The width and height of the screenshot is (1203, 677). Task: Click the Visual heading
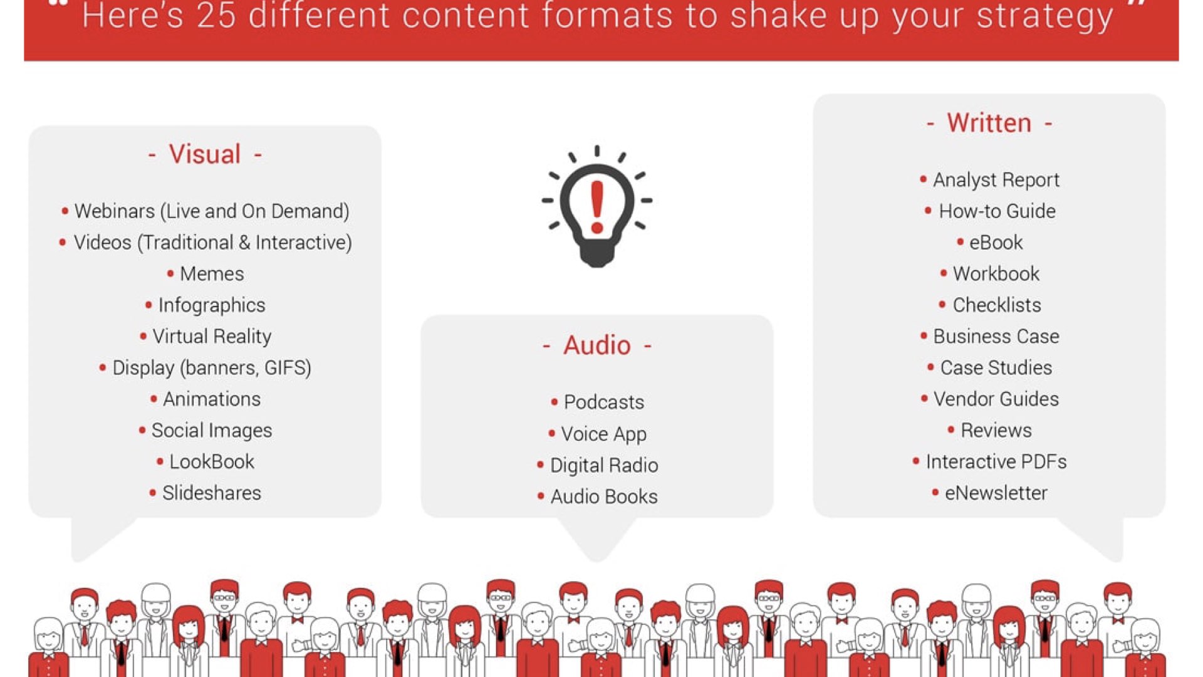click(x=205, y=154)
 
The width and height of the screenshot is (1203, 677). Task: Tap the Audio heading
click(x=596, y=345)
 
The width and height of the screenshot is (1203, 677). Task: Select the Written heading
click(x=989, y=123)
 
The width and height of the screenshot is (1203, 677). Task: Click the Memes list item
click(x=212, y=274)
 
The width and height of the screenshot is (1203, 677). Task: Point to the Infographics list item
click(x=212, y=305)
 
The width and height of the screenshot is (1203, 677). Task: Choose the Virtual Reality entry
click(x=212, y=337)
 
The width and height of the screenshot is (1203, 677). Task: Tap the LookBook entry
click(x=212, y=462)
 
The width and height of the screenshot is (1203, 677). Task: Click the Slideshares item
click(x=212, y=493)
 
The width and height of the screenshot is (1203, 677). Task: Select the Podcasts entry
click(x=604, y=402)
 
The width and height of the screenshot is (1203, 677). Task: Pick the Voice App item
click(x=604, y=434)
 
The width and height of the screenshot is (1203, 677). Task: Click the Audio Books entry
click(x=604, y=497)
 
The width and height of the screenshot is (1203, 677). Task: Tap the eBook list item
click(x=996, y=243)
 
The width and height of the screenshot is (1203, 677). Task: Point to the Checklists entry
click(x=997, y=305)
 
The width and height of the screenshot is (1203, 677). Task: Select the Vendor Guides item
click(x=996, y=399)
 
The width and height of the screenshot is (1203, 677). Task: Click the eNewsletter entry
click(x=996, y=493)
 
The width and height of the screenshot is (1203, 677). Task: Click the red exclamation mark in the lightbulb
click(x=597, y=207)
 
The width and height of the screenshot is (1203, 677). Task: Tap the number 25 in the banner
click(x=216, y=16)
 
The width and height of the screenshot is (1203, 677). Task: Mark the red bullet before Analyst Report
click(x=923, y=179)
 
